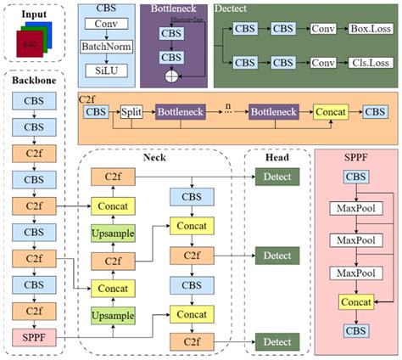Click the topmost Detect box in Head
pyautogui.click(x=276, y=177)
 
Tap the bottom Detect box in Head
pyautogui.click(x=276, y=340)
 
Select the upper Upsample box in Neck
pyautogui.click(x=120, y=233)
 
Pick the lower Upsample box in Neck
pyautogui.click(x=120, y=316)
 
